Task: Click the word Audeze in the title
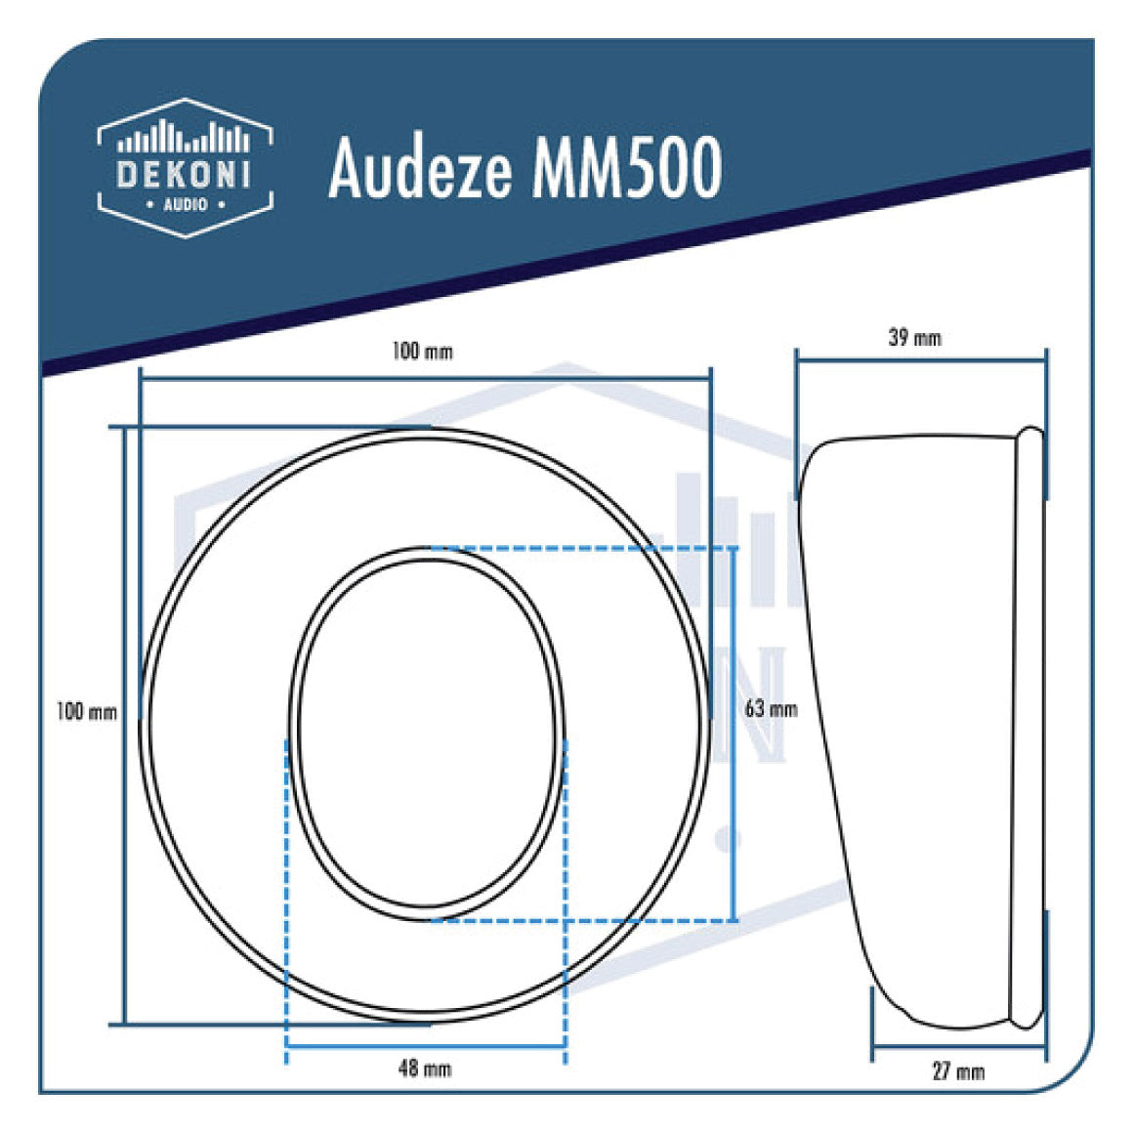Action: coord(420,167)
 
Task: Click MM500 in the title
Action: coord(626,167)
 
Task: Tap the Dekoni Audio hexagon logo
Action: coord(185,167)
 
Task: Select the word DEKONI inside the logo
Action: coord(185,174)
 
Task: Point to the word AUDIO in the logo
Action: coord(185,204)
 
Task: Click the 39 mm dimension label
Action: coord(915,338)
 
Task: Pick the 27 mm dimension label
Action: coord(958,1071)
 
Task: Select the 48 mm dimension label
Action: coord(425,1069)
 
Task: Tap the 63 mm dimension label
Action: coord(771,708)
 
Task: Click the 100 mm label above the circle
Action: coord(422,351)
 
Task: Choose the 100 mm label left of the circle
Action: coord(86,712)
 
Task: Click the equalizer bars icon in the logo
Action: coord(185,139)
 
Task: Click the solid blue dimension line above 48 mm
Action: coord(425,1047)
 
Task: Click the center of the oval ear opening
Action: coord(428,733)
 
